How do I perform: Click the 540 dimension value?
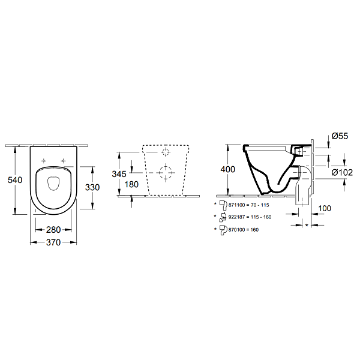click(x=15, y=180)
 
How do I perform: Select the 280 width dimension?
click(x=53, y=230)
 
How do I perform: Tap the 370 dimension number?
click(x=53, y=242)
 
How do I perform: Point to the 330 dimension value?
click(x=92, y=187)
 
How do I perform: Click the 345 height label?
click(x=119, y=174)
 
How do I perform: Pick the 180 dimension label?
click(x=131, y=184)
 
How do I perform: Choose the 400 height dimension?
click(x=228, y=169)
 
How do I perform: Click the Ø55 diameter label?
click(x=340, y=136)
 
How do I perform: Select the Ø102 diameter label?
click(x=342, y=172)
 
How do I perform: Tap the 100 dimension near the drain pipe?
click(x=325, y=208)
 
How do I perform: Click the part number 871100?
click(x=237, y=205)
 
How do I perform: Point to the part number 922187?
click(x=237, y=217)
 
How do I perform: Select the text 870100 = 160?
click(x=244, y=230)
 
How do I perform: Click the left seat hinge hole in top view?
click(x=44, y=161)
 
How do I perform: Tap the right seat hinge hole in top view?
click(x=63, y=161)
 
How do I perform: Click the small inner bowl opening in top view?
click(x=53, y=184)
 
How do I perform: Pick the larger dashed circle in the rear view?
click(x=166, y=173)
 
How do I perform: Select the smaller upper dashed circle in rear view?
click(x=166, y=152)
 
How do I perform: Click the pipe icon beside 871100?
click(x=223, y=205)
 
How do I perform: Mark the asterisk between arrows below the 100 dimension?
click(x=307, y=226)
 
